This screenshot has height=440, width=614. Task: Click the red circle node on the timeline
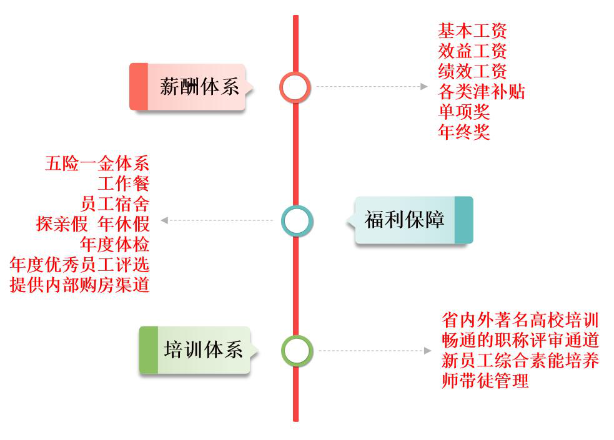(x=295, y=87)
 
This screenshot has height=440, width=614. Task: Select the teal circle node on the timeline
(x=296, y=220)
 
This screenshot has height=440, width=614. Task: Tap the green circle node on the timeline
(x=296, y=351)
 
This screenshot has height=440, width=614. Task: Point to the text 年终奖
(x=464, y=132)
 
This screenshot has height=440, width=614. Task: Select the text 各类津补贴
(x=482, y=92)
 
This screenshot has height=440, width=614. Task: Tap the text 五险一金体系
(x=97, y=165)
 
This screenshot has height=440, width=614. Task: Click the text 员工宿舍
(x=115, y=205)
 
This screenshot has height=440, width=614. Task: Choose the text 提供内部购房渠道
(x=80, y=285)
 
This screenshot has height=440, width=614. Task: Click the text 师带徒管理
(x=485, y=381)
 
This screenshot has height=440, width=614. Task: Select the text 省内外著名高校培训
(x=520, y=321)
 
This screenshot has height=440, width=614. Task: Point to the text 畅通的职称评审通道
(x=520, y=341)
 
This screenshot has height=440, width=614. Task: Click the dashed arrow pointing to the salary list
(x=371, y=87)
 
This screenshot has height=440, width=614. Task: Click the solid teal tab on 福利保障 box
(x=463, y=220)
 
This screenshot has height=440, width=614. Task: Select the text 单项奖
(x=464, y=112)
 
